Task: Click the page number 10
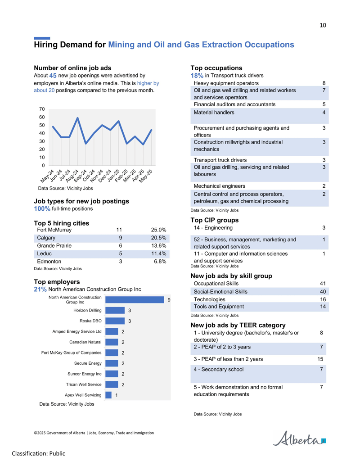[x=323, y=25]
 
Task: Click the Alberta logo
[x=299, y=439]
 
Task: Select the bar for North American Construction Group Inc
[x=135, y=299]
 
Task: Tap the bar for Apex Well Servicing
[x=108, y=395]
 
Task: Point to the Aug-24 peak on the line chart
[x=77, y=118]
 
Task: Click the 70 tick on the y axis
[x=42, y=109]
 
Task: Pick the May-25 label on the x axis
[x=146, y=176]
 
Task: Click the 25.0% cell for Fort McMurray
[x=158, y=230]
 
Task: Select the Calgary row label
[x=46, y=238]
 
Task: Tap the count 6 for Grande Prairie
[x=121, y=245]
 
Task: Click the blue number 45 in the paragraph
[x=53, y=76]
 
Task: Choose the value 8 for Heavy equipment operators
[x=324, y=83]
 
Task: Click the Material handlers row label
[x=214, y=113]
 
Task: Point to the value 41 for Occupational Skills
[x=323, y=284]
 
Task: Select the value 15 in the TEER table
[x=320, y=359]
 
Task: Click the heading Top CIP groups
[x=215, y=220]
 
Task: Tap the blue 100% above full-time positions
[x=42, y=208]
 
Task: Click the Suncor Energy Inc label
[x=84, y=374]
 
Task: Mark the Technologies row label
[x=209, y=299]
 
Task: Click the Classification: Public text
[x=38, y=453]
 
